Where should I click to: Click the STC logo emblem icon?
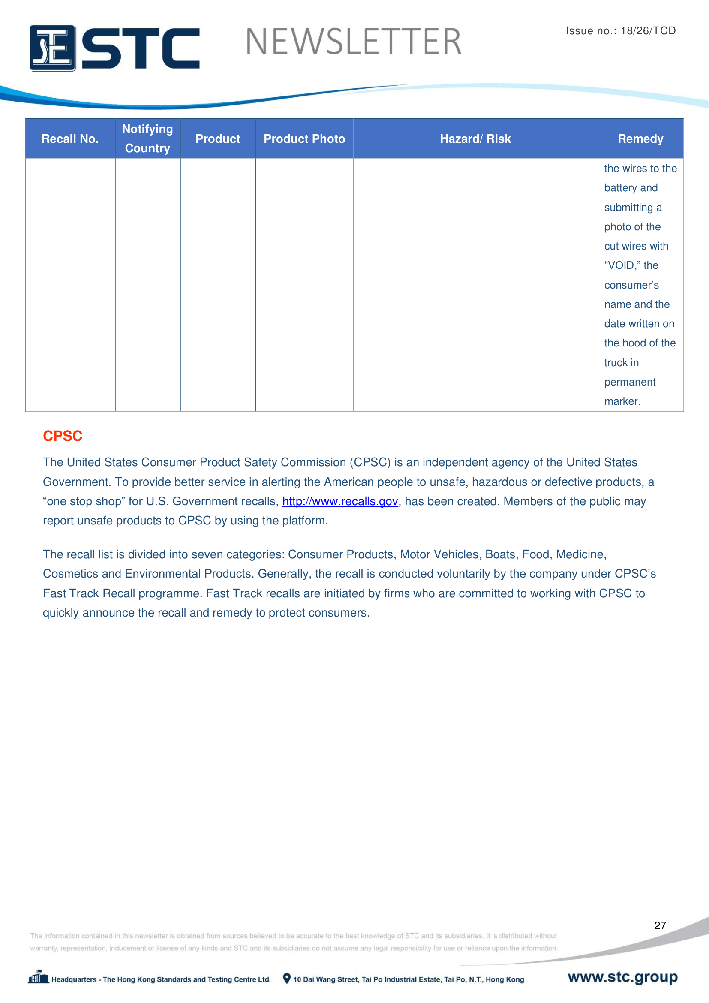tap(52, 48)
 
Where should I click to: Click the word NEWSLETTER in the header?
tap(353, 42)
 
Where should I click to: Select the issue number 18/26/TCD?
tap(648, 30)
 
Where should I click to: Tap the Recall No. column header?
tap(70, 139)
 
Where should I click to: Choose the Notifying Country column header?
tap(147, 139)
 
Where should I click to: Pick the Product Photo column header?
tap(304, 139)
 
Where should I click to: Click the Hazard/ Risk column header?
tap(475, 139)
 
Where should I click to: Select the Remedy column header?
tap(640, 139)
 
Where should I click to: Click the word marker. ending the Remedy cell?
tap(622, 401)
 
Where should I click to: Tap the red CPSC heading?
tap(63, 436)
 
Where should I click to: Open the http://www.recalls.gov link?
tap(339, 502)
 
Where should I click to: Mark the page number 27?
tap(660, 925)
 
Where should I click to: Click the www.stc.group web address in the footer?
tap(622, 977)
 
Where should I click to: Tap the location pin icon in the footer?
tap(286, 979)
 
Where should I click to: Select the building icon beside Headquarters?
tap(39, 977)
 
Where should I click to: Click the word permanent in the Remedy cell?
tap(630, 382)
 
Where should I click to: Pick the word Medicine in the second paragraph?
tap(580, 555)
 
